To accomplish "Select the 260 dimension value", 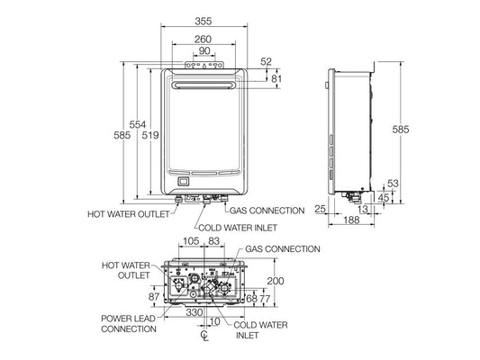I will pyautogui.click(x=204, y=39).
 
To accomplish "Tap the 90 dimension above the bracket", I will pyautogui.click(x=204, y=51).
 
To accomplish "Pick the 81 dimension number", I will pyautogui.click(x=276, y=79).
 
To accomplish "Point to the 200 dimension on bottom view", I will pyautogui.click(x=276, y=282).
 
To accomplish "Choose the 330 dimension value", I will pyautogui.click(x=194, y=312).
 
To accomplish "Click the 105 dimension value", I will pyautogui.click(x=190, y=242).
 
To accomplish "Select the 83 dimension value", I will pyautogui.click(x=214, y=242).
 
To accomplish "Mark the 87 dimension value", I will pyautogui.click(x=153, y=297).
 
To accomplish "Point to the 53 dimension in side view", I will pyautogui.click(x=394, y=183).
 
